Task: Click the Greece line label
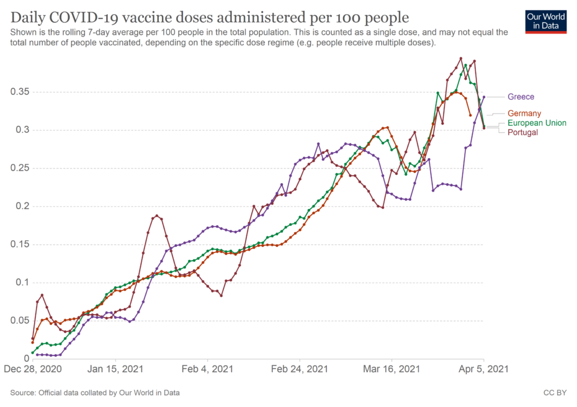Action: click(521, 97)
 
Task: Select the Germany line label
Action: click(524, 114)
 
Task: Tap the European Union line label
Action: click(537, 123)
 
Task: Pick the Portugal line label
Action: click(522, 133)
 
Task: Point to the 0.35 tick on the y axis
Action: click(20, 92)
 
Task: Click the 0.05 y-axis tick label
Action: click(20, 321)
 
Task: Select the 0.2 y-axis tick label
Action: click(22, 206)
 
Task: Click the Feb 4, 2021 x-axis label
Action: click(208, 369)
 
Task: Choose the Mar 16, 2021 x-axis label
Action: click(392, 369)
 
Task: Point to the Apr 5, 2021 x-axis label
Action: click(484, 369)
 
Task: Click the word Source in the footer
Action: click(23, 393)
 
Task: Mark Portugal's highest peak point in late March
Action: click(460, 58)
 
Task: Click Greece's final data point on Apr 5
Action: click(484, 97)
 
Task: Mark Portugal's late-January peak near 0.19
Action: click(157, 216)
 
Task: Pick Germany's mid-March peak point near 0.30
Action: click(387, 128)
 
